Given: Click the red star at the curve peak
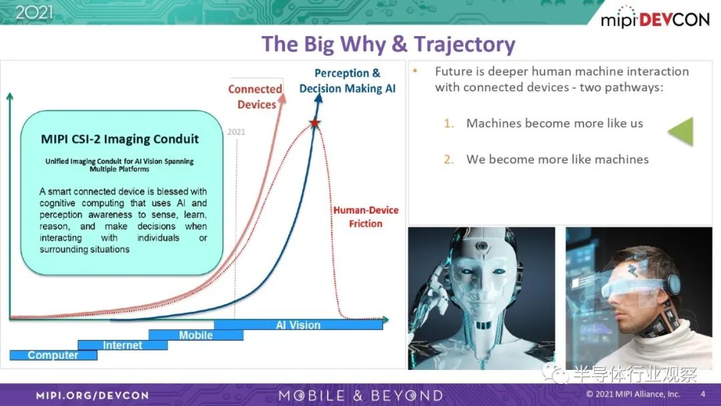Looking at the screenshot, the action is pyautogui.click(x=315, y=123).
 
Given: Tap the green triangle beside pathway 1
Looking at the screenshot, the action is pyautogui.click(x=681, y=132).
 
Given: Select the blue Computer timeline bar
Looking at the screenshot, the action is pyautogui.click(x=53, y=355).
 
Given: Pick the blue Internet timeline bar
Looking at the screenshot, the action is pyautogui.click(x=123, y=345).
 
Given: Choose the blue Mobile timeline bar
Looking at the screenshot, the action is pyautogui.click(x=196, y=335).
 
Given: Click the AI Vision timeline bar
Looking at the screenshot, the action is pyautogui.click(x=298, y=325).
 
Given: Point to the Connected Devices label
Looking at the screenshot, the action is pyautogui.click(x=256, y=97).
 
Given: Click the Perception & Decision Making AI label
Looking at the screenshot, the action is pyautogui.click(x=347, y=80).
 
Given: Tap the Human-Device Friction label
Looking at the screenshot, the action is pyautogui.click(x=366, y=216).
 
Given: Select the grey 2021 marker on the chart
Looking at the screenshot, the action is pyautogui.click(x=236, y=132).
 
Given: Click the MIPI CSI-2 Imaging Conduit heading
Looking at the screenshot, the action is pyautogui.click(x=120, y=139).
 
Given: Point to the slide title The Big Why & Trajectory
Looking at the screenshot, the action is pyautogui.click(x=389, y=44).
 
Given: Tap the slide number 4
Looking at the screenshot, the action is pyautogui.click(x=702, y=394).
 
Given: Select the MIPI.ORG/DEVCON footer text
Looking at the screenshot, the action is pyautogui.click(x=92, y=395).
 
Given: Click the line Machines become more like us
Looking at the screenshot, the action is pyautogui.click(x=555, y=124).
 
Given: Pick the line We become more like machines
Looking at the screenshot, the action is pyautogui.click(x=557, y=159).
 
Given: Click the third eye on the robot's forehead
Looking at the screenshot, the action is pyautogui.click(x=481, y=246).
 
